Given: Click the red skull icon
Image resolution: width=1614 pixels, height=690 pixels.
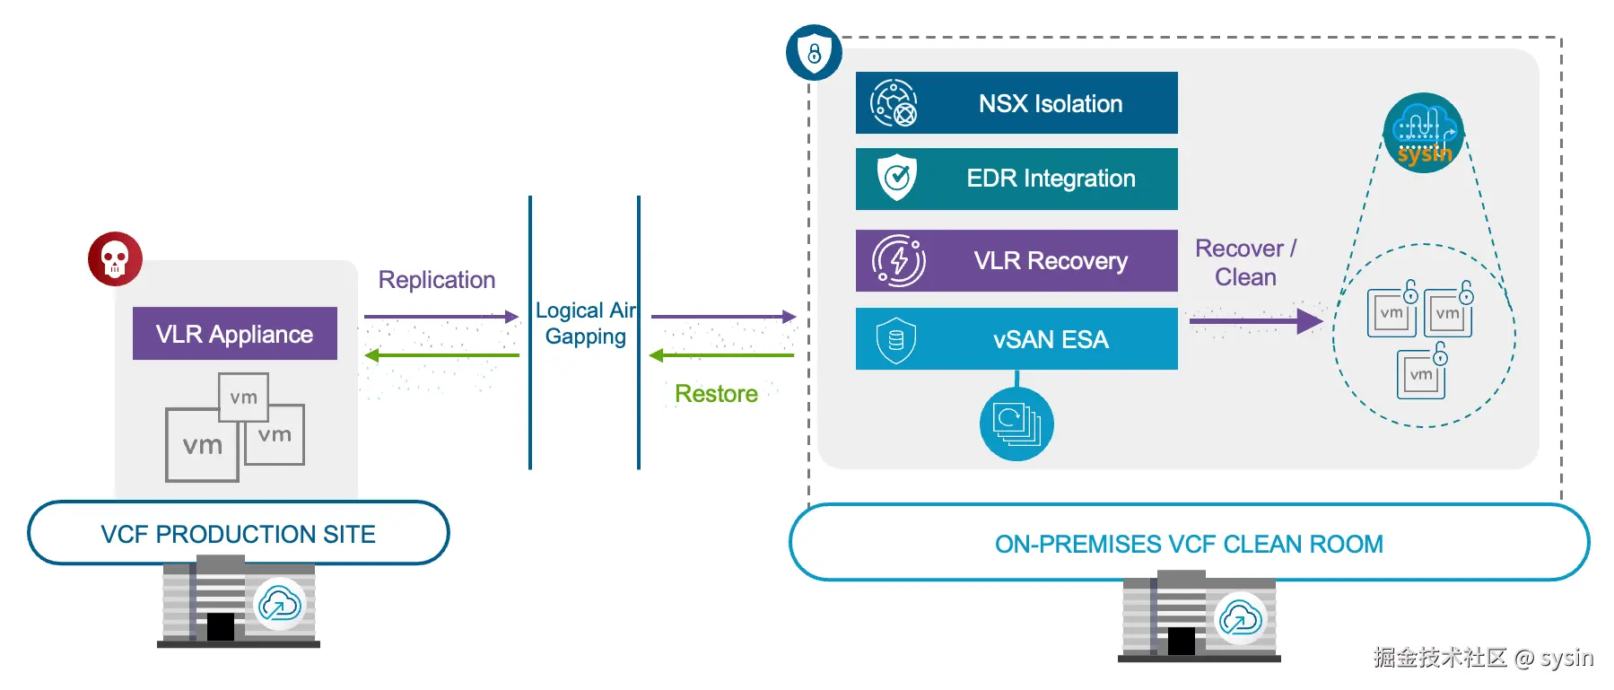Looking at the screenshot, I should pos(115,258).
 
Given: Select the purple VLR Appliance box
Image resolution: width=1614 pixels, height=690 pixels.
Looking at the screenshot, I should pos(234,334).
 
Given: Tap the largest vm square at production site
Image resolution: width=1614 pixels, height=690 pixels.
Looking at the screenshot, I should pos(202,445).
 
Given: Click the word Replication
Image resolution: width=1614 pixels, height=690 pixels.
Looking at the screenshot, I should pos(436,280).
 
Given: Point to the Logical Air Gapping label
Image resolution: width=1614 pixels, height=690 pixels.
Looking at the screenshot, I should pos(585,323).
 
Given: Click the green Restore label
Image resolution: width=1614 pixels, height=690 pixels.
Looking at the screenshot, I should pos(716,394).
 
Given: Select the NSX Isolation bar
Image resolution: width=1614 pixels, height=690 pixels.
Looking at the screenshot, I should pos(1016,103).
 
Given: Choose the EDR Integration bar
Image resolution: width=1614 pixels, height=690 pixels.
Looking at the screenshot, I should pos(1016,179).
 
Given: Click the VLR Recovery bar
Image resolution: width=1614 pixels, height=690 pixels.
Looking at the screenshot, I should pos(1016,260).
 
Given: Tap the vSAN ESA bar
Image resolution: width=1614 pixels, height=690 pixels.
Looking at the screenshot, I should pos(1016,339).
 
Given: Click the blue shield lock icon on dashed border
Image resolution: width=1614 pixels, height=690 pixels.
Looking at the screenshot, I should pos(814,52).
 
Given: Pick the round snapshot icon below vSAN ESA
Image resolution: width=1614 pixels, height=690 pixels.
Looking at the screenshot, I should pos(1016,424).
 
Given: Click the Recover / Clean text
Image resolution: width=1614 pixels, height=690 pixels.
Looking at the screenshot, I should pos(1245,262).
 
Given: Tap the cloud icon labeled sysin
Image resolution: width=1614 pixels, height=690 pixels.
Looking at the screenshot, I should pos(1423,133).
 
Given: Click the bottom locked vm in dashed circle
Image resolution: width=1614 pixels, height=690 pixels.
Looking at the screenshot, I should pos(1421,373).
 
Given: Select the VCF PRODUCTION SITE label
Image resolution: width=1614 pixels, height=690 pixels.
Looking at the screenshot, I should pos(238,534).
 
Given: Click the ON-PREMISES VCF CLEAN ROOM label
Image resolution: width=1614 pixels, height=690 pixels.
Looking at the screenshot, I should pos(1189,544).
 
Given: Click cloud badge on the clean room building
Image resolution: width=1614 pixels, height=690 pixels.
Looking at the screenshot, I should pos(1240,618).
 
